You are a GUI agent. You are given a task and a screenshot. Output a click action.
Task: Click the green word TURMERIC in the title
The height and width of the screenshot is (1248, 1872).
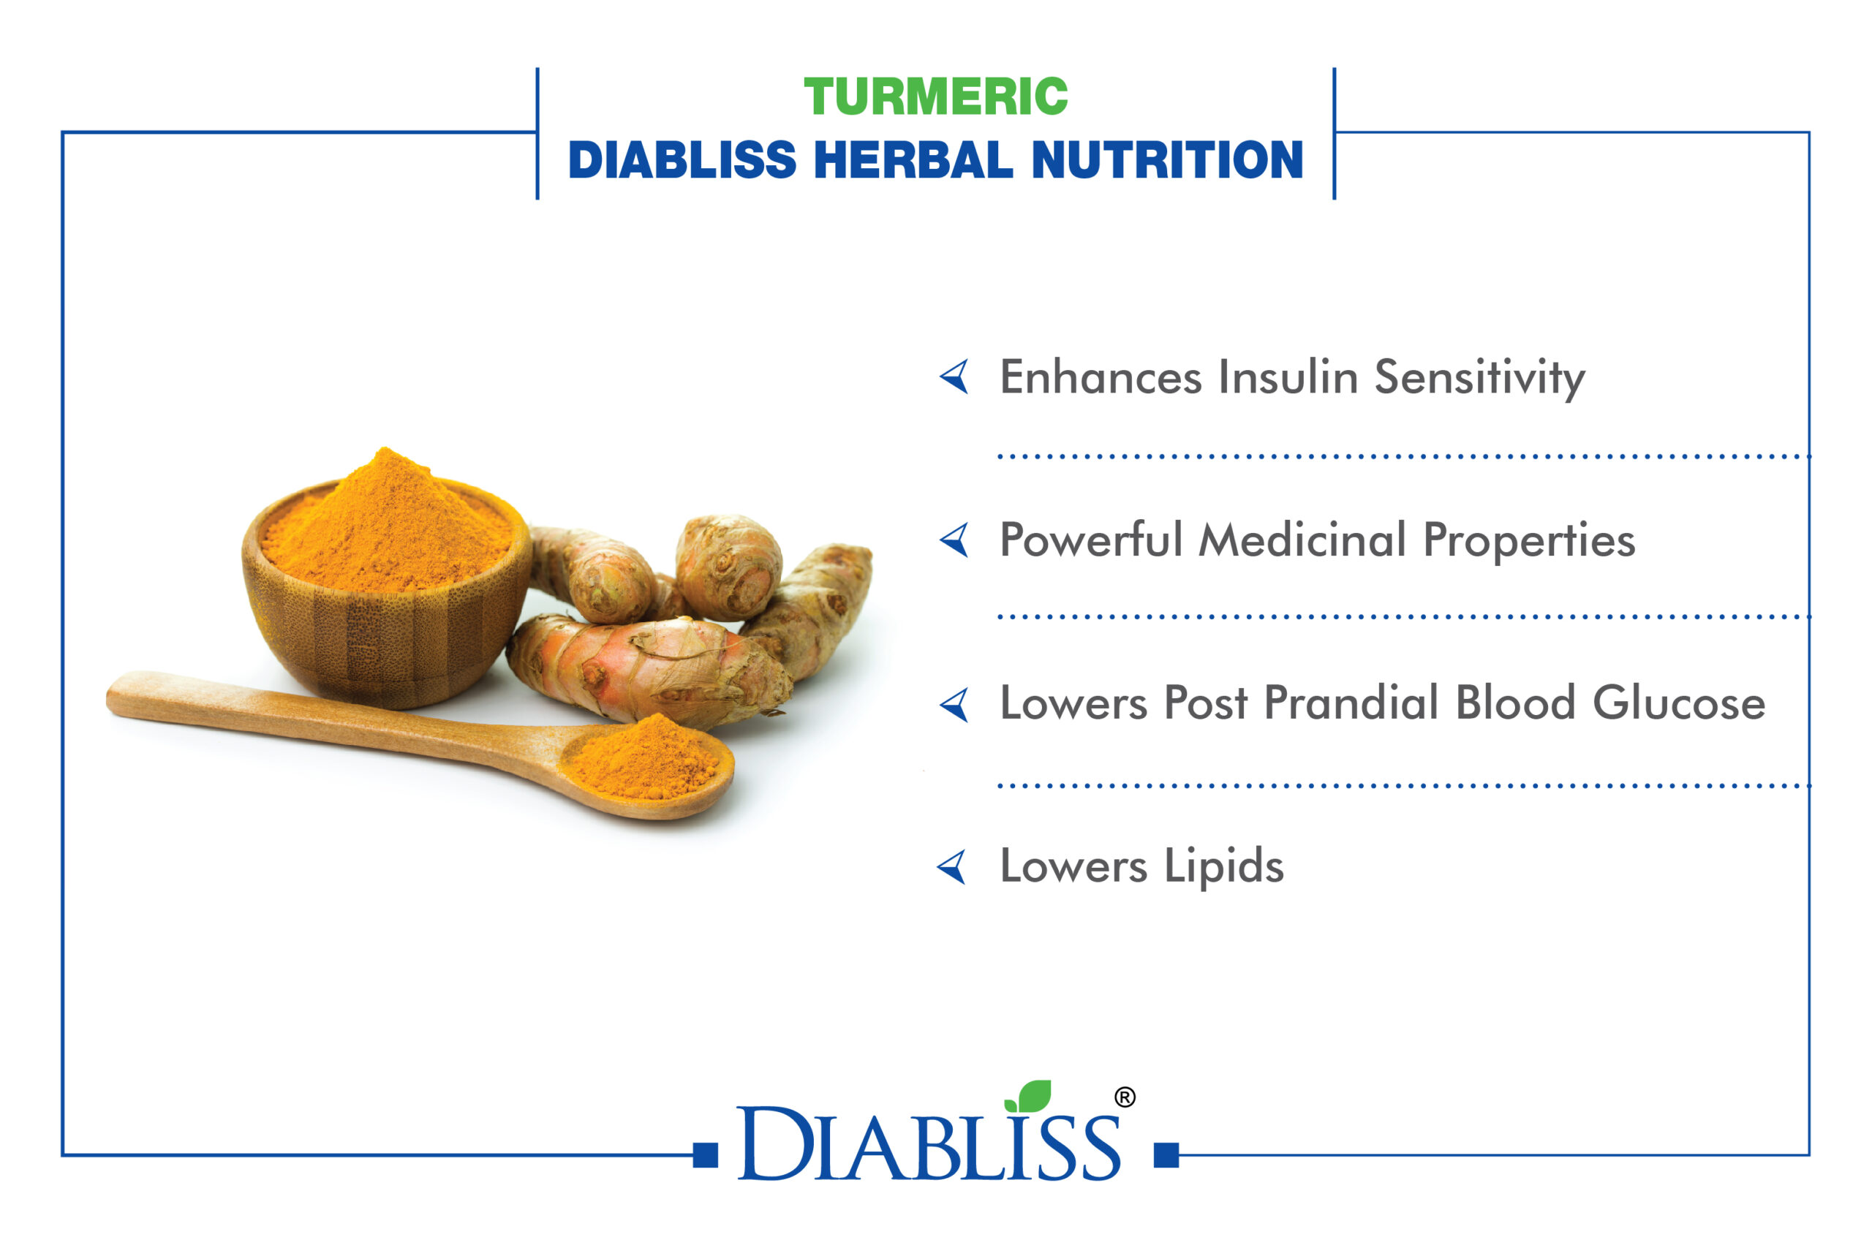[935, 97]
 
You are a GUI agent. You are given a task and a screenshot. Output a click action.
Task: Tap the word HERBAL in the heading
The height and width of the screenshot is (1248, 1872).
[914, 160]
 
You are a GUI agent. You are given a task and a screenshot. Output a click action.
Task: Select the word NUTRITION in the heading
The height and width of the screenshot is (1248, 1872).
[1167, 160]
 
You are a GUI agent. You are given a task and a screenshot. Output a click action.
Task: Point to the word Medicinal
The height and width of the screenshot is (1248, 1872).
[1302, 540]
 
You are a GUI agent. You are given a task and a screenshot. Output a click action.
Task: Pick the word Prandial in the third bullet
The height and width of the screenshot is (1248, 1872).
[1351, 703]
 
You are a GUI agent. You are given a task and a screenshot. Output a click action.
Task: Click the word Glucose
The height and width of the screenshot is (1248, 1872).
[1680, 703]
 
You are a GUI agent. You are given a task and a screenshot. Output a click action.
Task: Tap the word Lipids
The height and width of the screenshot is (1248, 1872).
[1224, 867]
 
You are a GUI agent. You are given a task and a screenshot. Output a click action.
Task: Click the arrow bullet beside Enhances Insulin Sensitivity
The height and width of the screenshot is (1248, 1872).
[954, 376]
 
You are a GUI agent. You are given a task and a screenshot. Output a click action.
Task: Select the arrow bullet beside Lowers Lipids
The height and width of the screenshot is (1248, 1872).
[952, 867]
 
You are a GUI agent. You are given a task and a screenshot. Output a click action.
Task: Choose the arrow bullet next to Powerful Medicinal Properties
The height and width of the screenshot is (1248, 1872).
[954, 540]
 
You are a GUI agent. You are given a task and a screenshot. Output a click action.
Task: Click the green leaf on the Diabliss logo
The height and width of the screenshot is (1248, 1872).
[1028, 1096]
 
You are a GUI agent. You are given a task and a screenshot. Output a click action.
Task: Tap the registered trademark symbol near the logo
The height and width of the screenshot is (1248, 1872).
[1125, 1097]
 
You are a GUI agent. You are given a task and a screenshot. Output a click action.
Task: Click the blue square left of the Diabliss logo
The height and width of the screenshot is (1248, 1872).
[705, 1155]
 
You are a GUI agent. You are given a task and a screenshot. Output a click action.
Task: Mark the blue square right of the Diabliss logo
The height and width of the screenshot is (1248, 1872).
[1166, 1155]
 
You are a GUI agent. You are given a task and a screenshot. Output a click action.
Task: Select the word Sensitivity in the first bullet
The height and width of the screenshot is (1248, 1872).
[1479, 378]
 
